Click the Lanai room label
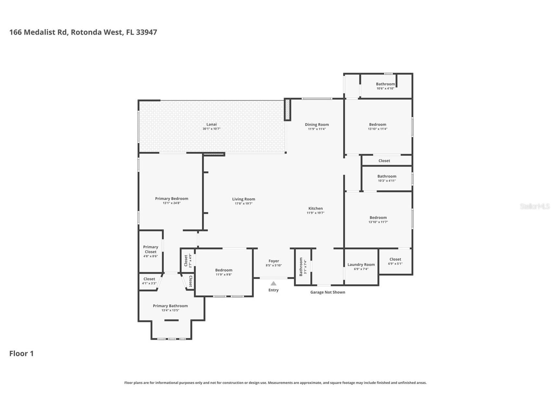pos(211,124)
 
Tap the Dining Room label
pos(317,124)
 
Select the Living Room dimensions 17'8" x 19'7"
pos(244,204)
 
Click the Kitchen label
pos(315,208)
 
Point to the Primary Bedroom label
pos(171,199)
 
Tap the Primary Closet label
pos(150,249)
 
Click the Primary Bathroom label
pos(170,306)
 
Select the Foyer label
pos(274,261)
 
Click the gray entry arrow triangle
pos(273,283)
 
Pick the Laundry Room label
pos(361,265)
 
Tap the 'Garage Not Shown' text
pos(328,292)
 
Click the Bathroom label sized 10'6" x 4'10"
pos(385,84)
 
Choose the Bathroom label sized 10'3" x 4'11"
pos(387,176)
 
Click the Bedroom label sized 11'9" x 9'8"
pos(224,270)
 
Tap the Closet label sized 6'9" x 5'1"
pos(395,259)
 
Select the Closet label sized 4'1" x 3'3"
pos(149,279)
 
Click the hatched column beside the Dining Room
pos(287,109)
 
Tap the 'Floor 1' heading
pos(21,354)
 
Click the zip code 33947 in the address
pos(146,32)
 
